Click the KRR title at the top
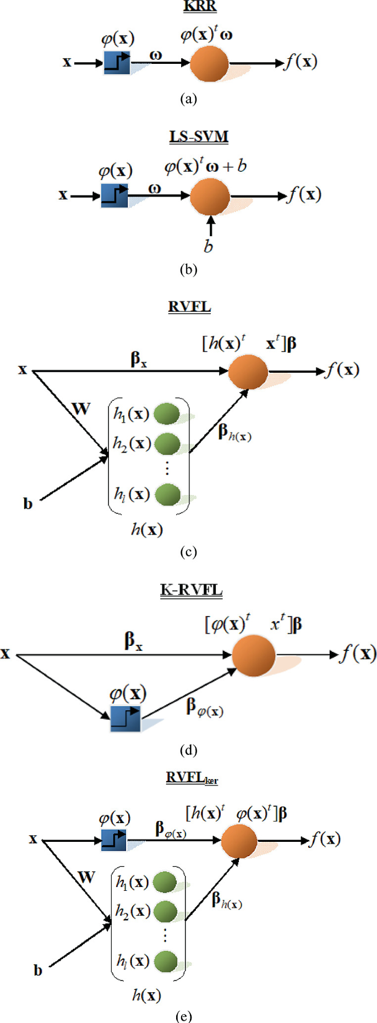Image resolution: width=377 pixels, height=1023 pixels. [x=199, y=7]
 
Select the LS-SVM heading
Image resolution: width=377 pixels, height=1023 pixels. [x=199, y=136]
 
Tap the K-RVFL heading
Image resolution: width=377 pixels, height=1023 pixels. [x=192, y=590]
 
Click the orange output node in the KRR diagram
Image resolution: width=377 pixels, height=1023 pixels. [x=209, y=64]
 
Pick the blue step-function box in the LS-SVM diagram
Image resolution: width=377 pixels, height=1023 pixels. [x=114, y=196]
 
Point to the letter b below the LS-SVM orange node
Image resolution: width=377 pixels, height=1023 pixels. [x=208, y=246]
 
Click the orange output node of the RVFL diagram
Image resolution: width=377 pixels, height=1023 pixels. [x=248, y=372]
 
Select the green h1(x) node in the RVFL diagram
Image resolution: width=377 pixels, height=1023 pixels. [x=167, y=414]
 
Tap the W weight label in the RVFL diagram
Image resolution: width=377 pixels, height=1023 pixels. [x=81, y=409]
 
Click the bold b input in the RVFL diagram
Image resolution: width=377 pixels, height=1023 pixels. [x=28, y=504]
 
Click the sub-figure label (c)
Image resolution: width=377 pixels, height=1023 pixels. [x=188, y=552]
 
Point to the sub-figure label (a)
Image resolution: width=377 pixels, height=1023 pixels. [x=188, y=99]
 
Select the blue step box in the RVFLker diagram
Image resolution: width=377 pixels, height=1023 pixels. [x=114, y=840]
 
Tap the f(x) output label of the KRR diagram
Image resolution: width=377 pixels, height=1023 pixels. [x=300, y=62]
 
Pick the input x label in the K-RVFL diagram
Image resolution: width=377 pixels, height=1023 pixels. [x=6, y=654]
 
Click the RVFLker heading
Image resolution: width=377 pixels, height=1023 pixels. [x=192, y=777]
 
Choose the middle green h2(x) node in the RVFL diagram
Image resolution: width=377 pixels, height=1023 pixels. [x=167, y=443]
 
